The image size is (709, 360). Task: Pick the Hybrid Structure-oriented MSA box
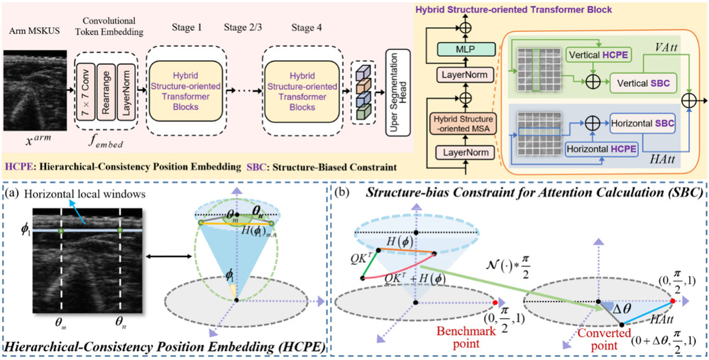[465, 122]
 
